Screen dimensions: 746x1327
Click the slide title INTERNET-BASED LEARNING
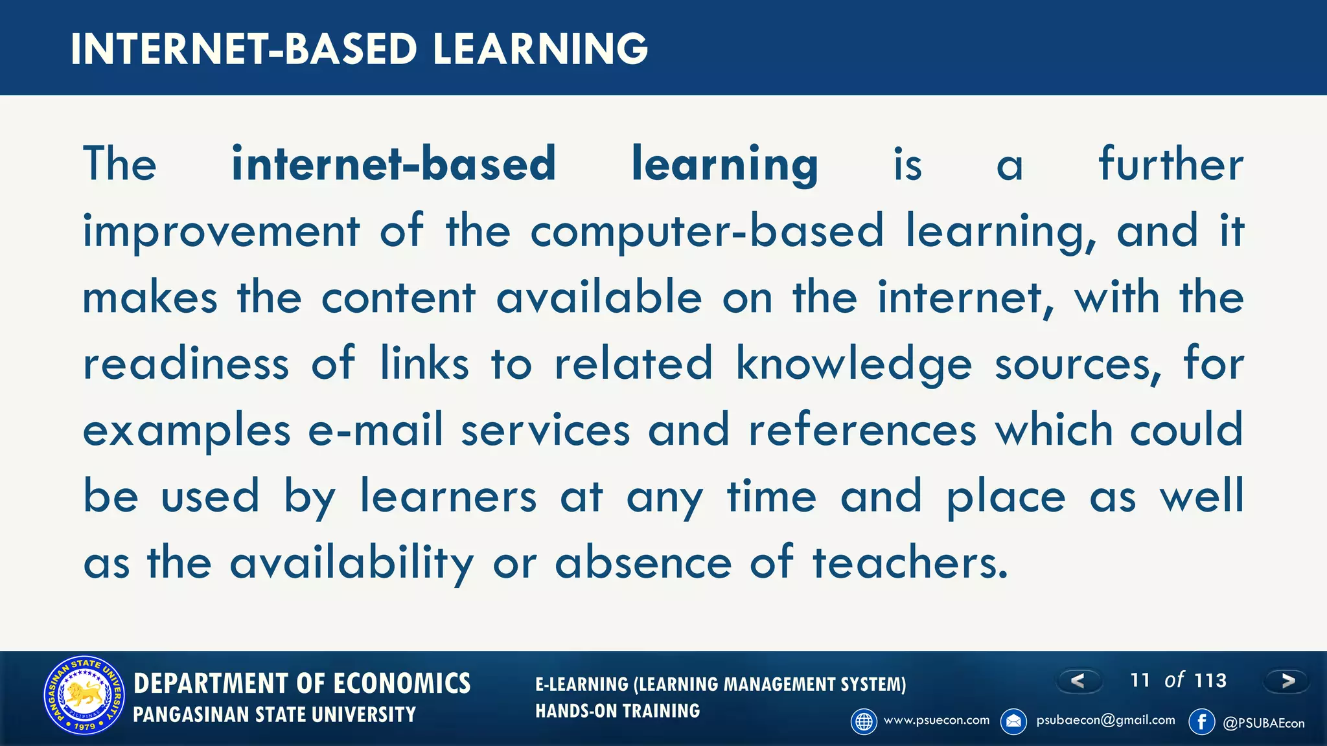pyautogui.click(x=359, y=49)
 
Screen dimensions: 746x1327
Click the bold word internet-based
pyautogui.click(x=394, y=164)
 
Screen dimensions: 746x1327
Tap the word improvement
pyautogui.click(x=221, y=232)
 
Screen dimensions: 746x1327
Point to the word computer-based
pyautogui.click(x=707, y=232)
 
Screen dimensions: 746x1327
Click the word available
pyautogui.click(x=599, y=298)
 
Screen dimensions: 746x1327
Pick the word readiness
pyautogui.click(x=186, y=364)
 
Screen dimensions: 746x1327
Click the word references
pyautogui.click(x=862, y=430)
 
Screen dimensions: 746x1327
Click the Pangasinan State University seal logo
pyautogui.click(x=84, y=695)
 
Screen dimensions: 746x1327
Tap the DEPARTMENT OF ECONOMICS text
pyautogui.click(x=302, y=684)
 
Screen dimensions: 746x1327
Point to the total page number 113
pyautogui.click(x=1210, y=681)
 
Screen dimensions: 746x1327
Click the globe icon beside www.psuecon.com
pyautogui.click(x=864, y=721)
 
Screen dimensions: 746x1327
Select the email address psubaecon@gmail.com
pyautogui.click(x=1105, y=720)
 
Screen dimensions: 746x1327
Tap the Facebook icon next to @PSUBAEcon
pyautogui.click(x=1202, y=721)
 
